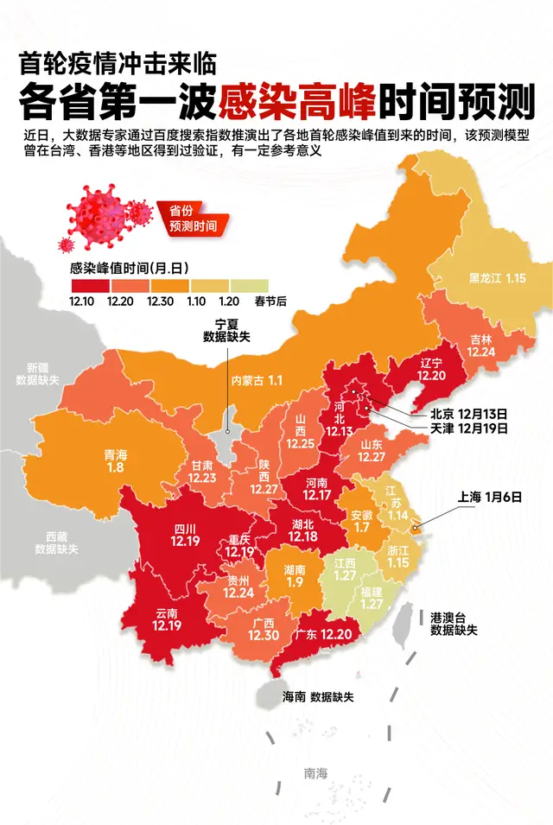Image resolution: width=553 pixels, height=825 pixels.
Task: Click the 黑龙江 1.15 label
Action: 497,278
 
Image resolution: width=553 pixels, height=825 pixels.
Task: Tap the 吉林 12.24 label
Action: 482,346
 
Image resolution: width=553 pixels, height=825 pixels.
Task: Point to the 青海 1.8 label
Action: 115,460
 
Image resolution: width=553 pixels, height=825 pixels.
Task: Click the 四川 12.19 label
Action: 185,535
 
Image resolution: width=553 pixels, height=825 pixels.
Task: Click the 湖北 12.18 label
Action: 302,530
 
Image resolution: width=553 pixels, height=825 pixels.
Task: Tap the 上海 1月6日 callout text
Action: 489,497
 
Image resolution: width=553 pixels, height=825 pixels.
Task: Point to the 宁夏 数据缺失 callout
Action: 226,330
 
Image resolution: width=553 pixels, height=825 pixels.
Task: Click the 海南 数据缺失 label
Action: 319,696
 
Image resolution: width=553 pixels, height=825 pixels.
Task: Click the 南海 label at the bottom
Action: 315,773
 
